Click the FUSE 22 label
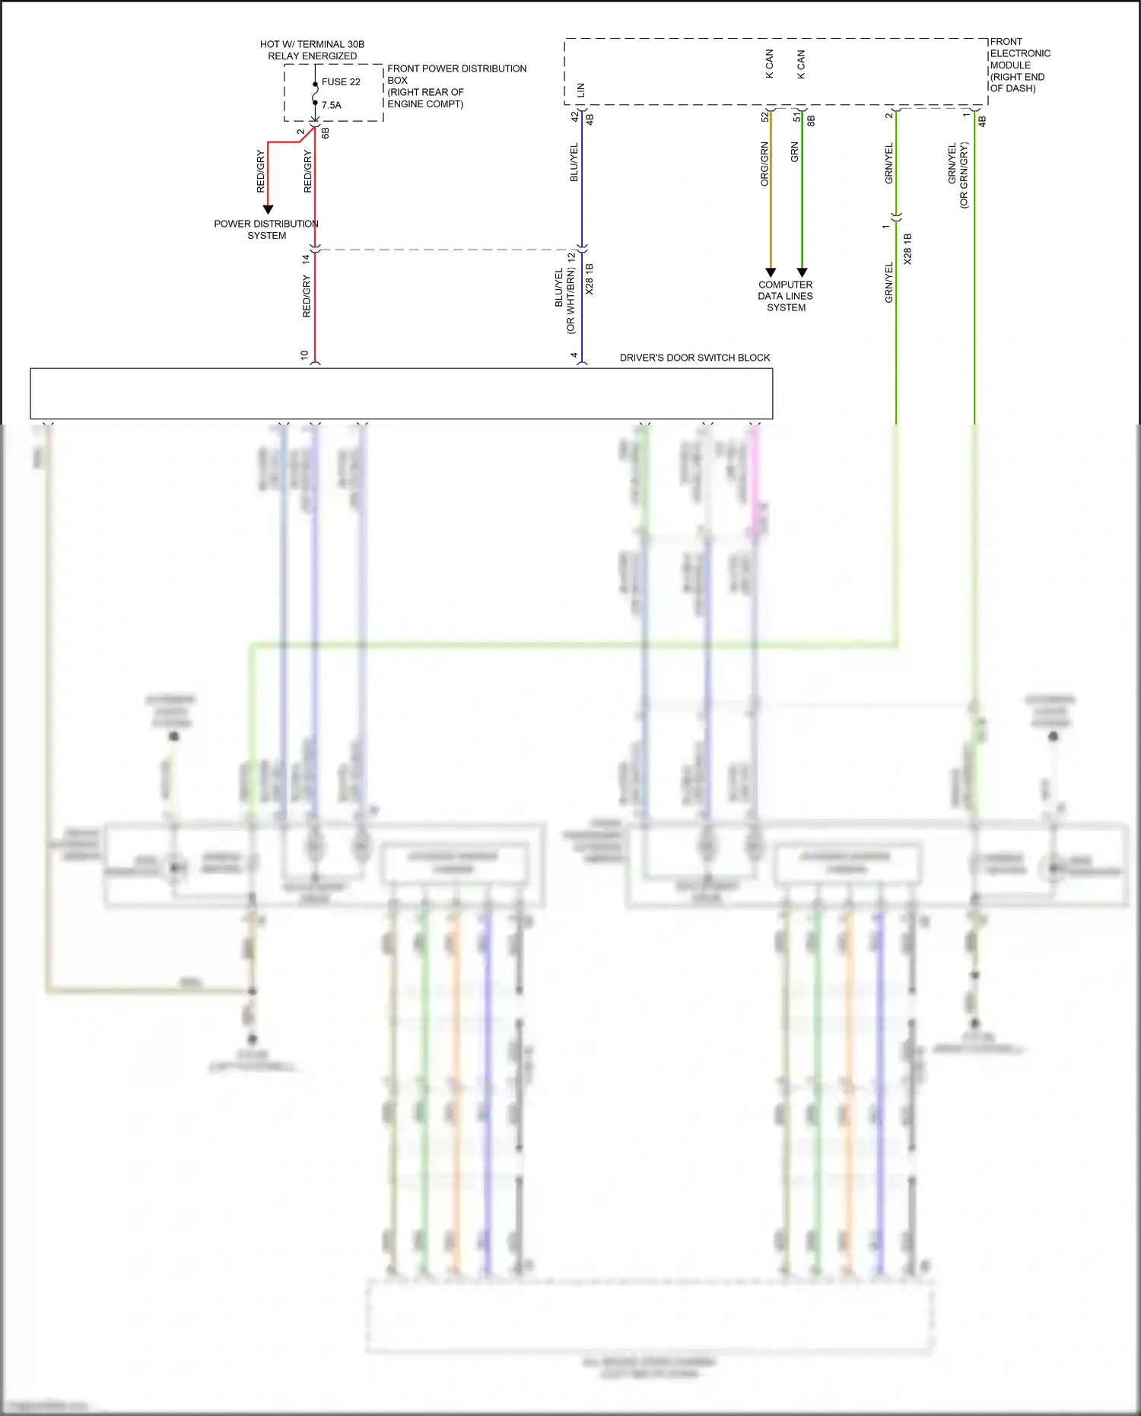(341, 82)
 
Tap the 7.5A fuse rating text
(331, 105)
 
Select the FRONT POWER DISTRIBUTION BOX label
(456, 85)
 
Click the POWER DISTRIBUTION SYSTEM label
(266, 229)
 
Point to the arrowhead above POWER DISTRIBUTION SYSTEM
(268, 209)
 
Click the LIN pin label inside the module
(581, 90)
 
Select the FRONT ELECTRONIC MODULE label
(1019, 65)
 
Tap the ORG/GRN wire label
(764, 164)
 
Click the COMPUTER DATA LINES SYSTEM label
(786, 296)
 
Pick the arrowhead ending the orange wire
(771, 272)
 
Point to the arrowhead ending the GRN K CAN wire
(802, 272)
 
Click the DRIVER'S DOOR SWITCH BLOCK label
(694, 358)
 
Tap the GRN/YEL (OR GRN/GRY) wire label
(958, 175)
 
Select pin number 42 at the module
(575, 116)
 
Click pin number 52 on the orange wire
(765, 116)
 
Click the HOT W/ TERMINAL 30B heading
(312, 44)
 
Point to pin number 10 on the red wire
(304, 355)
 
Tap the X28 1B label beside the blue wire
(590, 279)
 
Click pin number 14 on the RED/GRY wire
(306, 259)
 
